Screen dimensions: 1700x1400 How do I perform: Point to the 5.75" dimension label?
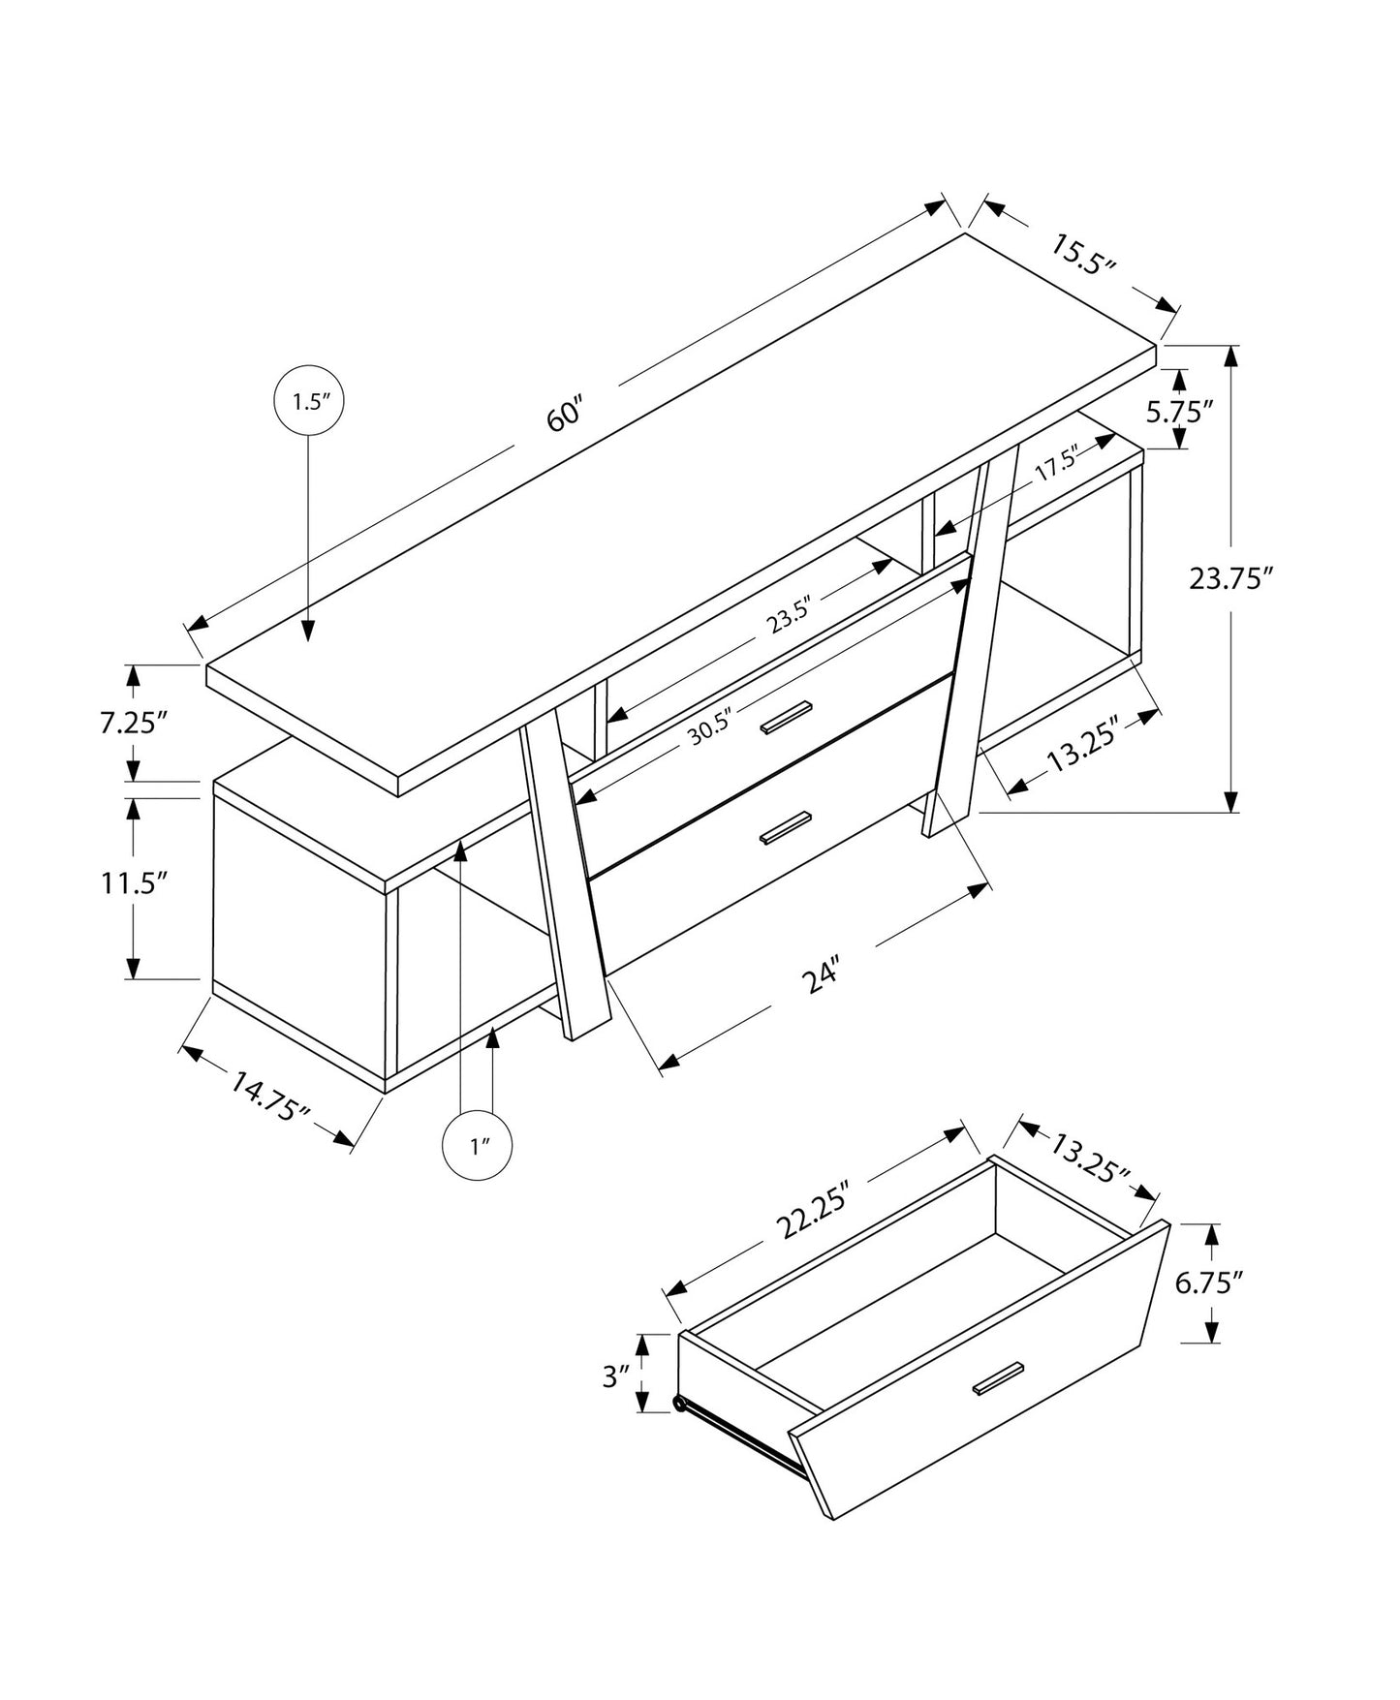[1180, 412]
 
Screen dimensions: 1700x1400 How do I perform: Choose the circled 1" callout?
[478, 1147]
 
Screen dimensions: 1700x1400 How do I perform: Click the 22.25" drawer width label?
[815, 1209]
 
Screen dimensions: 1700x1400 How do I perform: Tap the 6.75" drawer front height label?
[1208, 1283]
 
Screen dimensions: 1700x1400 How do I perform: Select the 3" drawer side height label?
[616, 1375]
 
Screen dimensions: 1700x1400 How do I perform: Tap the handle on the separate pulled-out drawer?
[998, 1379]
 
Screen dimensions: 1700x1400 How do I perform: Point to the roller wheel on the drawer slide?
[680, 1404]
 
